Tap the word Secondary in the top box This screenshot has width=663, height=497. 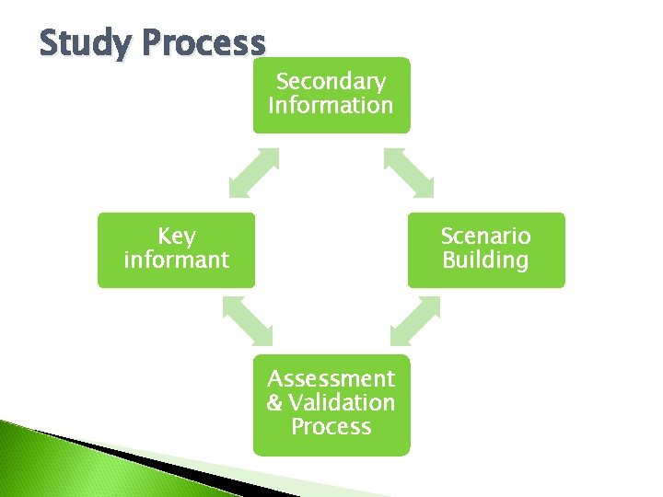[331, 82]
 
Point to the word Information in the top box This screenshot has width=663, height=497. [331, 105]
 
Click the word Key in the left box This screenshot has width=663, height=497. [176, 237]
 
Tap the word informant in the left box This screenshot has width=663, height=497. [176, 260]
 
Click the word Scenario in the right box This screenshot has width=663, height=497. [485, 237]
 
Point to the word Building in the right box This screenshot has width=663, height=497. [485, 260]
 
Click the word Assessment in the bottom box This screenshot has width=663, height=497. [331, 378]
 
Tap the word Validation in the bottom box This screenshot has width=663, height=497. [341, 403]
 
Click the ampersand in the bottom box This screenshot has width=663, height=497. [274, 403]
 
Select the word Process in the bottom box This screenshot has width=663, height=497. [331, 427]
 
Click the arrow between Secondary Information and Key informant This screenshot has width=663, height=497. [254, 173]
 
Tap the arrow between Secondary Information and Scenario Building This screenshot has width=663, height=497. [409, 173]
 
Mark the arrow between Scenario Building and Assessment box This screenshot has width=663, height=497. [413, 322]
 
